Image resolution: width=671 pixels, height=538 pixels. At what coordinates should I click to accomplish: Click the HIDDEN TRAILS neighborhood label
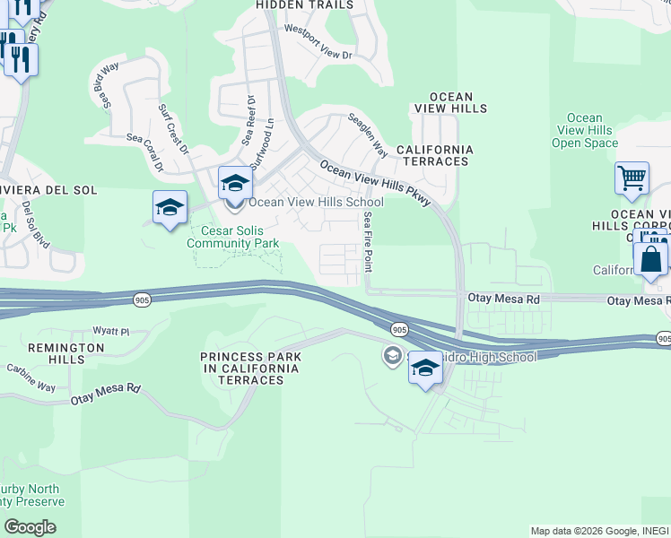tap(304, 5)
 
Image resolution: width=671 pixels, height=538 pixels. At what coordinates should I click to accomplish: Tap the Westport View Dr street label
tap(319, 42)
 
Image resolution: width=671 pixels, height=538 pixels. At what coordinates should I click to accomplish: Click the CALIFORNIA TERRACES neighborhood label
tap(433, 155)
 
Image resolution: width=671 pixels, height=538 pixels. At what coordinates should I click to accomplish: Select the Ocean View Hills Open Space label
tap(585, 130)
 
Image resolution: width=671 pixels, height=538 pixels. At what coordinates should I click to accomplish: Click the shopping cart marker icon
tap(632, 179)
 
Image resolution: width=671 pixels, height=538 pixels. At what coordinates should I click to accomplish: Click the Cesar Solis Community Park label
tap(233, 236)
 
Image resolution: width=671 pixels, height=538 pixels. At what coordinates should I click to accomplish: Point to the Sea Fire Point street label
tap(368, 242)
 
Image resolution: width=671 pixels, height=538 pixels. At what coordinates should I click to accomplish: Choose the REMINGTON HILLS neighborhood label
tap(56, 353)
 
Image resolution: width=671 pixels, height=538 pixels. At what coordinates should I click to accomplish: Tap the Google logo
tap(30, 526)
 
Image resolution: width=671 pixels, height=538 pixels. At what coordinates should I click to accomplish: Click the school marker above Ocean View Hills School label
tap(235, 185)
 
